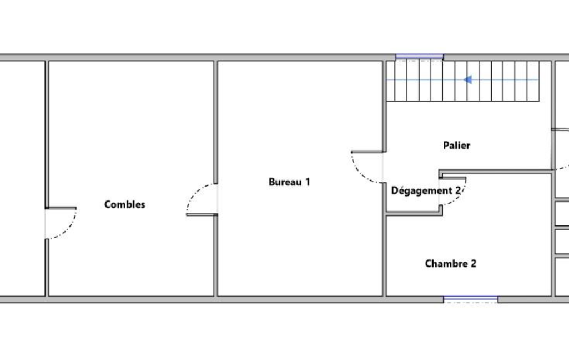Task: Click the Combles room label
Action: [124, 204]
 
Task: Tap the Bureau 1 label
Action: [289, 182]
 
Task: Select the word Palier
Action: [456, 146]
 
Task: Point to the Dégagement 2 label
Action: [426, 190]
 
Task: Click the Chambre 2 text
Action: [450, 263]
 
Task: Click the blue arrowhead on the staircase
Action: [468, 79]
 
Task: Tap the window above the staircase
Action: [419, 57]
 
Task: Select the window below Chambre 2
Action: [471, 299]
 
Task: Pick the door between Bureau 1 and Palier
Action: [367, 167]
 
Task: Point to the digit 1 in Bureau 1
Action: [308, 182]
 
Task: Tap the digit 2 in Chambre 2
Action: [473, 263]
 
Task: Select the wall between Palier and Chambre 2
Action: [495, 171]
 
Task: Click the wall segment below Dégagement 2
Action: [414, 214]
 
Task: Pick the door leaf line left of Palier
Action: [367, 152]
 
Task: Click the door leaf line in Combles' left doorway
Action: [61, 208]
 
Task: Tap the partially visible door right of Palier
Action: [560, 149]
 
